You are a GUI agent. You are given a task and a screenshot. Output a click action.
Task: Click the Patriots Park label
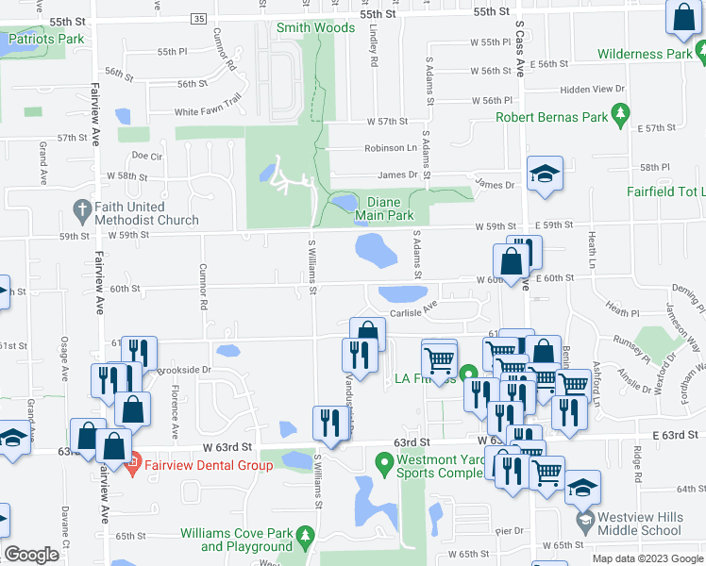45,40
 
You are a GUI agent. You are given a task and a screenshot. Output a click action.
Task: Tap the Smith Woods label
315,27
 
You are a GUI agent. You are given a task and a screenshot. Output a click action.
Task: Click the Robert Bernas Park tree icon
620,116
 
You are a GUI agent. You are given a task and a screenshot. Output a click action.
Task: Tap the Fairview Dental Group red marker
133,462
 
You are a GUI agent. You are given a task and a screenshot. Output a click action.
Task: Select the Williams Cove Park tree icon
304,538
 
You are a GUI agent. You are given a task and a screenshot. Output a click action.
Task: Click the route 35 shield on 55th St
197,19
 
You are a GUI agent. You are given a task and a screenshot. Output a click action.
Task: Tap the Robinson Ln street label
391,148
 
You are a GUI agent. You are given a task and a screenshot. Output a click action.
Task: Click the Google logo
32,555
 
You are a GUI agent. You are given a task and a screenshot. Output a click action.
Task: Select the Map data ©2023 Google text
647,558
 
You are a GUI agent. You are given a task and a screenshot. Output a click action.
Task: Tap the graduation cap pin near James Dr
545,175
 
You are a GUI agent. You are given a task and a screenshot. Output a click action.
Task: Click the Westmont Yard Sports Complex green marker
383,463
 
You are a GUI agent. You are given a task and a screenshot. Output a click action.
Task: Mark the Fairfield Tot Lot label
665,191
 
